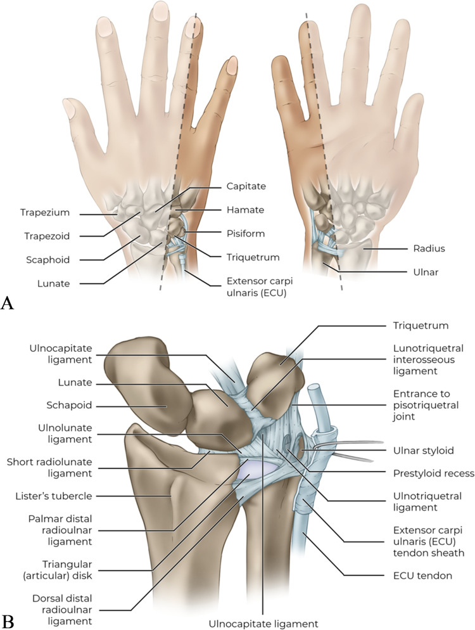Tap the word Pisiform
pos(243,233)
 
